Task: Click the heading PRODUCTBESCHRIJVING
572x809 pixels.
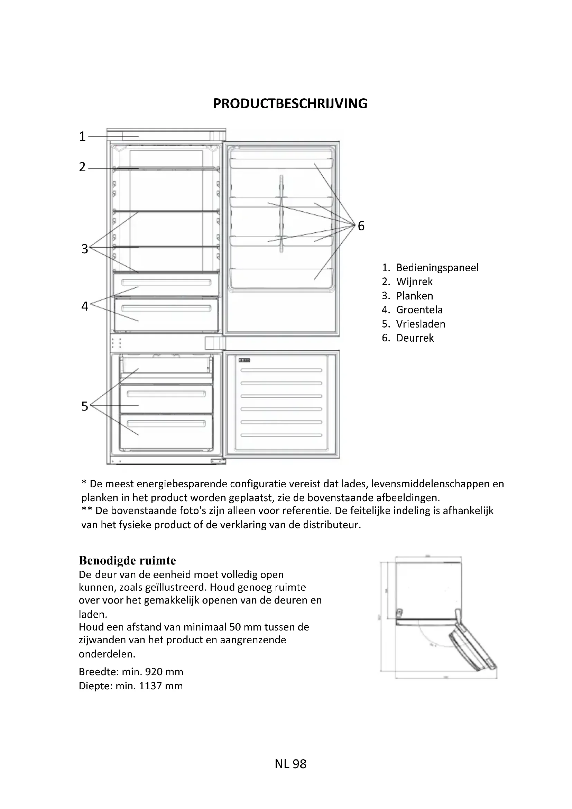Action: (x=290, y=104)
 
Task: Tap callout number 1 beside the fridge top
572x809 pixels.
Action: (x=82, y=136)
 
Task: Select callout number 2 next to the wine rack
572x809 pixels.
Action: (x=82, y=167)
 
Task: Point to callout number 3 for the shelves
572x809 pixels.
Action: (x=84, y=249)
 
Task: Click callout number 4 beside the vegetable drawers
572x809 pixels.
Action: (x=84, y=306)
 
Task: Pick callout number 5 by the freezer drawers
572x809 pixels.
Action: (x=84, y=406)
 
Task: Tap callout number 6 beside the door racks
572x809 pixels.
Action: (x=361, y=226)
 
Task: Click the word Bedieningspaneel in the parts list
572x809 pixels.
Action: (x=437, y=268)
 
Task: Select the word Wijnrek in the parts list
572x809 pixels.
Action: (x=414, y=282)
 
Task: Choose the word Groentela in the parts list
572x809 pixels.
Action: (x=419, y=310)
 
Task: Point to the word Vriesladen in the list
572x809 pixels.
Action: (x=421, y=324)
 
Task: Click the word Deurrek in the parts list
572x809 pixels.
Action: (x=415, y=338)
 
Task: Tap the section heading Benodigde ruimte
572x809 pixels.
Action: (x=127, y=560)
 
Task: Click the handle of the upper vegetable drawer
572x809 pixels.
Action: (x=166, y=282)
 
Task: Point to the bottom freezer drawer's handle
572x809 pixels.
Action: (x=166, y=423)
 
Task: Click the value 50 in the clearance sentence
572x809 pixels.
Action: (x=235, y=627)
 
